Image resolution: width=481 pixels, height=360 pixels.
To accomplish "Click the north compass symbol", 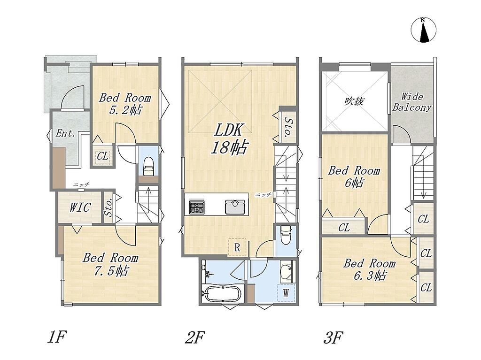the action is [423, 30].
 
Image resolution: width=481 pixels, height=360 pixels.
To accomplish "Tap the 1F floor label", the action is [57, 337].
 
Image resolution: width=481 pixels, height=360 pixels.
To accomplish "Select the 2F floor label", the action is [195, 337].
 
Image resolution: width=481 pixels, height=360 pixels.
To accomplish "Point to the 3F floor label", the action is [333, 337].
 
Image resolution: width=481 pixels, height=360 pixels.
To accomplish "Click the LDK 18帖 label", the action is [230, 139].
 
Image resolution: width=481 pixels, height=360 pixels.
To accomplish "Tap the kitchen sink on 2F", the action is [235, 207].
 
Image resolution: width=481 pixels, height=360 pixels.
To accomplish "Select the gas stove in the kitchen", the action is [195, 207].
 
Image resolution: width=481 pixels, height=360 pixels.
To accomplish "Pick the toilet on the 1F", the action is [149, 166].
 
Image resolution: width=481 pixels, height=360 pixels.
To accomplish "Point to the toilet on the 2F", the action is [285, 235].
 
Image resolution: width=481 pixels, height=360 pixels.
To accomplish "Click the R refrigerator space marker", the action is [237, 247].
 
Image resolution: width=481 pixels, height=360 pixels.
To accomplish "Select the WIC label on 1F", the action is [80, 207].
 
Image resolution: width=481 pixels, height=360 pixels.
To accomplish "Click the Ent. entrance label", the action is [65, 133].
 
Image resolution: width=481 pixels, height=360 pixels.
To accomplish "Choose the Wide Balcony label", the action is [412, 102].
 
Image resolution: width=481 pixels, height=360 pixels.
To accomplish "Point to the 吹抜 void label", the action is [355, 101].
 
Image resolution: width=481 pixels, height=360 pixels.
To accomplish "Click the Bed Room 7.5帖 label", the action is [110, 264].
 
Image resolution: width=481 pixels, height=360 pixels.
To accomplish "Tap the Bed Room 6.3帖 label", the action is [369, 269].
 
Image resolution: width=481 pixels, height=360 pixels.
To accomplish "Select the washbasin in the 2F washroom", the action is [287, 270].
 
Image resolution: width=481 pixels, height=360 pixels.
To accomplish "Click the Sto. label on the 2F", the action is [287, 127].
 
